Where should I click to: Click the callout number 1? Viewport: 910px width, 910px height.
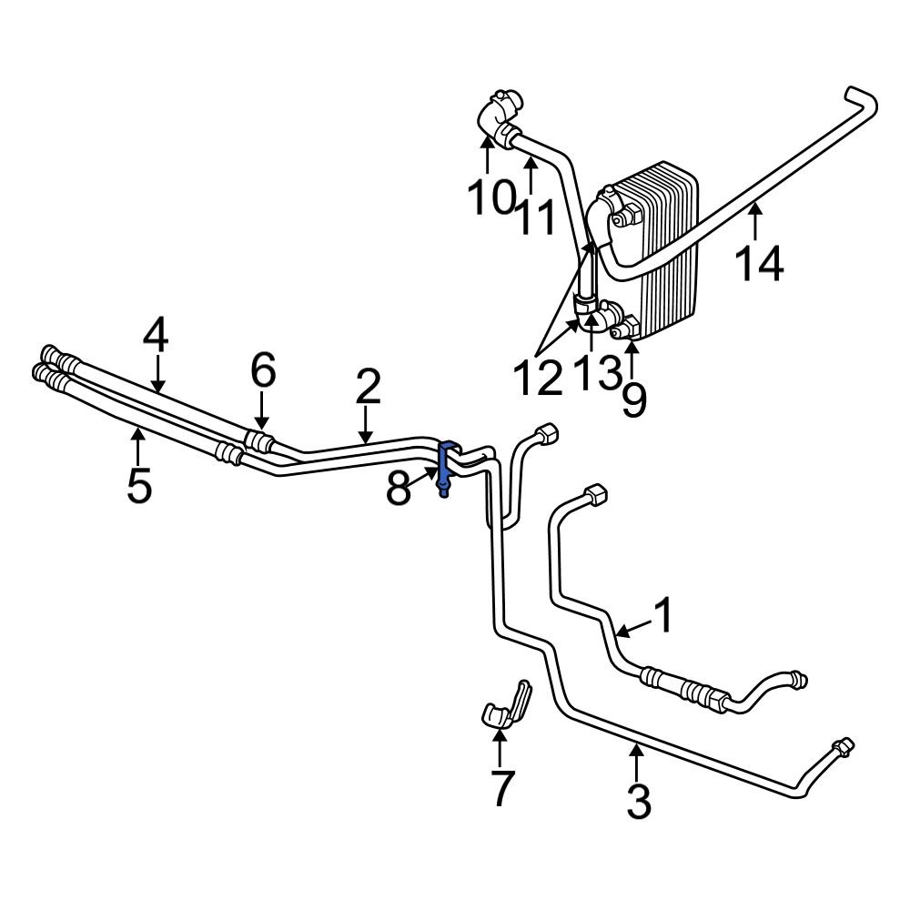pos(663,615)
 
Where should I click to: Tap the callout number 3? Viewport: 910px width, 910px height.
pos(639,801)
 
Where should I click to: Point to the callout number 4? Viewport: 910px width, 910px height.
pos(156,338)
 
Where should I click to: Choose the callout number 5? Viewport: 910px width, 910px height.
pos(138,485)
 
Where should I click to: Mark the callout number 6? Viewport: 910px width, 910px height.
pos(262,371)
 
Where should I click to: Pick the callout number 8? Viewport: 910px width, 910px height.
pos(399,489)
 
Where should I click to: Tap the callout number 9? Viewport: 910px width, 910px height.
pos(633,399)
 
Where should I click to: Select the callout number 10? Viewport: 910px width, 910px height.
pos(491,197)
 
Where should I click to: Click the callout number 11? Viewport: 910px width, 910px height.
pos(538,217)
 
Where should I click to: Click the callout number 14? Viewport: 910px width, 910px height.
pos(757,264)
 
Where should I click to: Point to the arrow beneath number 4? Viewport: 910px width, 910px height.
pos(158,375)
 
